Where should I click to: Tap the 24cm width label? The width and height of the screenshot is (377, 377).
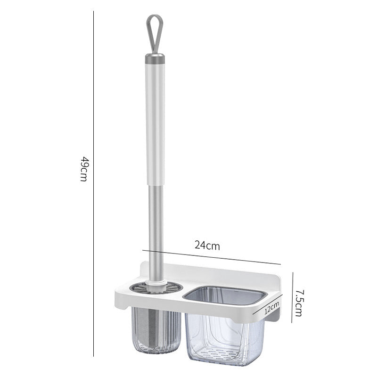pos(207,246)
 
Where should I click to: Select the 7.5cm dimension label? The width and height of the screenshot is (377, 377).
pos(300,303)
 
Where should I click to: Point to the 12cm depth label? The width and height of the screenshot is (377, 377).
pos(272,308)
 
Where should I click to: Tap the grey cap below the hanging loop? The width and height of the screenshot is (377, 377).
pos(155,58)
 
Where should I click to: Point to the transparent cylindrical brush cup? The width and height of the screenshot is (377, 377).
pos(156,331)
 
